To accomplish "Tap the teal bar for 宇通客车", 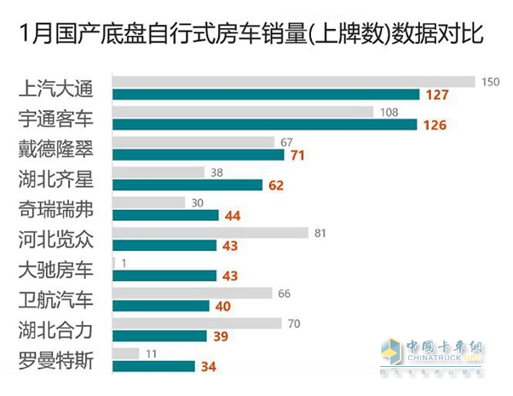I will coord(265,125).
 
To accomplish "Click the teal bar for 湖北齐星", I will coord(187,184).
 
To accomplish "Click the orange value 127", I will coord(437,95).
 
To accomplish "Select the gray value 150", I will coord(489,82).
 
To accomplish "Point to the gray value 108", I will coord(389,112).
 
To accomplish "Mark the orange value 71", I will coord(298,154).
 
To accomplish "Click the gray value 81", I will coord(320,233).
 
